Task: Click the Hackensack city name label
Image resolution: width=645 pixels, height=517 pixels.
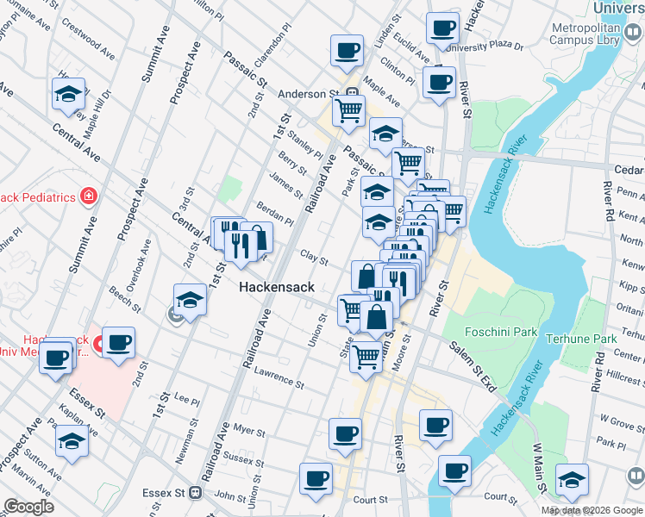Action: (276, 286)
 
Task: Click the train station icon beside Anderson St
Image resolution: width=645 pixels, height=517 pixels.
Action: (352, 94)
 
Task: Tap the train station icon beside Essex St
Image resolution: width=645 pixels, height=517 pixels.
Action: (196, 494)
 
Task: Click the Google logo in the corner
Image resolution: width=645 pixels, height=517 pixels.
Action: (28, 507)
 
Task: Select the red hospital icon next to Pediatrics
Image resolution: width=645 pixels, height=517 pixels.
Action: (87, 197)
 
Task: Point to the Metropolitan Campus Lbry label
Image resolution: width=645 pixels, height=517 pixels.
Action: (596, 33)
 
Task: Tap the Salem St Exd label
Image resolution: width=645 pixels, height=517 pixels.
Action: (472, 367)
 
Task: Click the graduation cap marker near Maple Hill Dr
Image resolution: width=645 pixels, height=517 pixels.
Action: (68, 95)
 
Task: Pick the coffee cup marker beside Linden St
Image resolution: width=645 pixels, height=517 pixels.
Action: (346, 50)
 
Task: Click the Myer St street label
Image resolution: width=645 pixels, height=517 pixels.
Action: (249, 428)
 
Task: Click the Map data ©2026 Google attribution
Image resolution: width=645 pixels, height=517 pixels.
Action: (592, 510)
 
